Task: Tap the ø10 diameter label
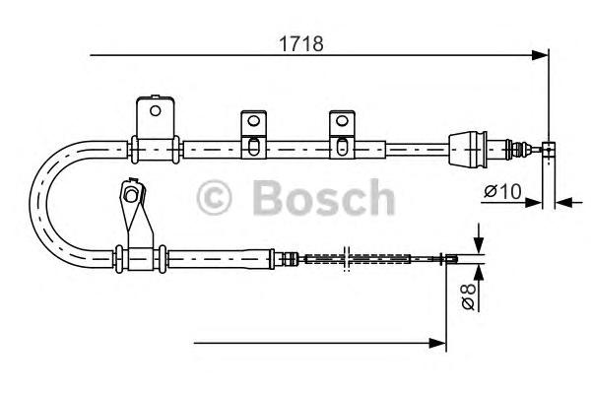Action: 501,190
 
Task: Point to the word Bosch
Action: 323,197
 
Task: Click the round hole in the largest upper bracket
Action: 154,110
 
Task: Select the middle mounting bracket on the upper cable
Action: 252,133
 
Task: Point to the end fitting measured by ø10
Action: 550,150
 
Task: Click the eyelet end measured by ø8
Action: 451,260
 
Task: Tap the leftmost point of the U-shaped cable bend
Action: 33,204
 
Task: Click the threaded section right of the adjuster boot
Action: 513,150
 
